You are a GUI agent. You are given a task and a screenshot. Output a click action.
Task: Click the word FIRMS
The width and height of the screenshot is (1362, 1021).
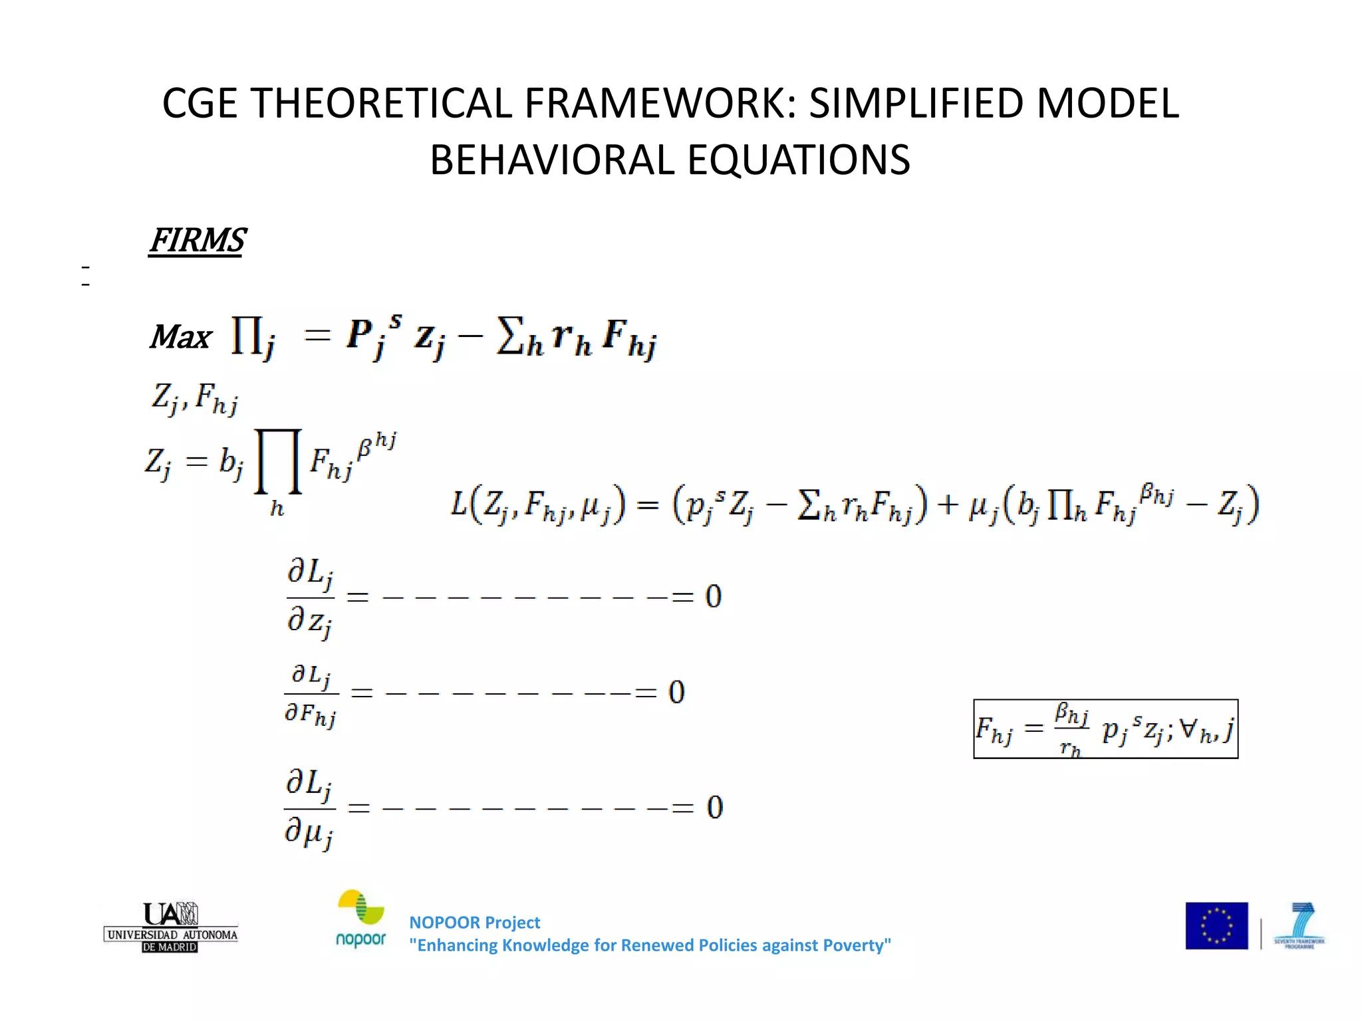[x=198, y=241]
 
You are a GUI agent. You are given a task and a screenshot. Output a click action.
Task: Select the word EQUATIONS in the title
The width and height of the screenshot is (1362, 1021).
[x=798, y=160]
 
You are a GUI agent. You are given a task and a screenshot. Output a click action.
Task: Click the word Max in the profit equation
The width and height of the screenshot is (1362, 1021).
[x=180, y=337]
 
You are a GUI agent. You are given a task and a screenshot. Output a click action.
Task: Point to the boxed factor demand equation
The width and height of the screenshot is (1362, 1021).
[x=1105, y=729]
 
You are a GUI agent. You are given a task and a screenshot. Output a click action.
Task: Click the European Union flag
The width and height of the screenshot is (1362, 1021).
[x=1216, y=925]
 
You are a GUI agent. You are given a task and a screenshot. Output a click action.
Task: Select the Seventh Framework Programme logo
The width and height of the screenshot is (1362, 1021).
[x=1299, y=925]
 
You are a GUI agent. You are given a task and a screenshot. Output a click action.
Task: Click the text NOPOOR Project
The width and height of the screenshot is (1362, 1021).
[x=474, y=923]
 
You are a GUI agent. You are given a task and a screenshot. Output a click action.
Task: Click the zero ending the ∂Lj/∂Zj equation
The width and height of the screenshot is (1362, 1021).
[x=714, y=596]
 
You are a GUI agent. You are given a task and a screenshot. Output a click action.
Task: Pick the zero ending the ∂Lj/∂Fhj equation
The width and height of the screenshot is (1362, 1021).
[x=676, y=693]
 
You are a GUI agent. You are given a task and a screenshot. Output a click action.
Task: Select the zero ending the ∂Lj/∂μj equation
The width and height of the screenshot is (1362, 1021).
[x=715, y=808]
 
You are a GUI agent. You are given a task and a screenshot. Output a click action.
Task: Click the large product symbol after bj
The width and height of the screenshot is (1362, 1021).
[x=278, y=461]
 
